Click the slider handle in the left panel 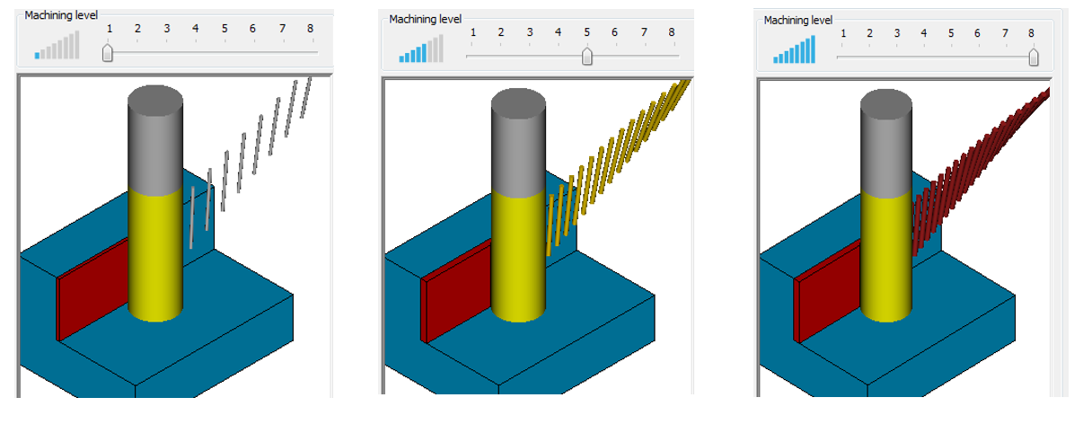(x=108, y=53)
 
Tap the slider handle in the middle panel (x=587, y=57)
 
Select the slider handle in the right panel (x=1034, y=57)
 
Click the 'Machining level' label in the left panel (x=61, y=15)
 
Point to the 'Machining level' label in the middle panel (x=425, y=19)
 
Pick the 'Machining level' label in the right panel (x=798, y=20)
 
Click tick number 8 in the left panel (x=311, y=29)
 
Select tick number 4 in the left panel (x=196, y=29)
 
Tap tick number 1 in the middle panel (x=473, y=32)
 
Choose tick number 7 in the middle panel (x=644, y=32)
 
